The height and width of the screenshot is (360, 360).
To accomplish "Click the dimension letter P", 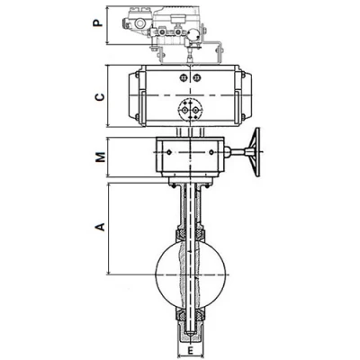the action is (97, 22).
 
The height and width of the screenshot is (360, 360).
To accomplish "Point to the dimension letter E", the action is (190, 349).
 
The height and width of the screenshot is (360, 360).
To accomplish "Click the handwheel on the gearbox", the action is (256, 152).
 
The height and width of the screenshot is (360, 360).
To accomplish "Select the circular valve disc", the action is (191, 274).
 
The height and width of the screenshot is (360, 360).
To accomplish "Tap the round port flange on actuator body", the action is (190, 110).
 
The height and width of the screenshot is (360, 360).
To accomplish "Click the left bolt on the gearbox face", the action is (169, 152).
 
